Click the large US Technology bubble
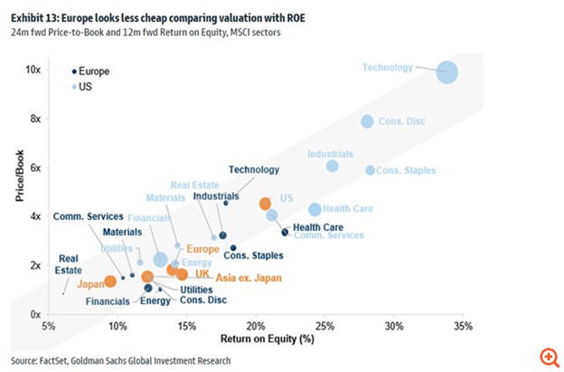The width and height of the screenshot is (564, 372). (x=447, y=73)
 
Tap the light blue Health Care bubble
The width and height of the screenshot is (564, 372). (x=315, y=209)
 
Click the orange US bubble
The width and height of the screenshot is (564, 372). (x=265, y=205)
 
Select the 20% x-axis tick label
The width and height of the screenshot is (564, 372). (x=256, y=326)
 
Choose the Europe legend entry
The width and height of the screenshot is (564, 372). (x=94, y=70)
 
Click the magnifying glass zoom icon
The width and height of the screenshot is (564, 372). (x=549, y=357)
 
